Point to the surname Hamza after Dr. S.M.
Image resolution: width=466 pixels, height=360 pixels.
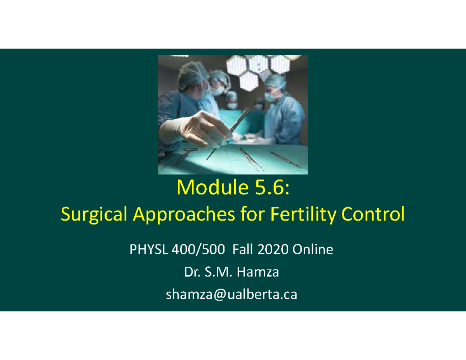[x=260, y=272]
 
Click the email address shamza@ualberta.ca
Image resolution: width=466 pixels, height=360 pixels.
[x=231, y=295]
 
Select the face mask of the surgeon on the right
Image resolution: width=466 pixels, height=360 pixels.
[x=271, y=94]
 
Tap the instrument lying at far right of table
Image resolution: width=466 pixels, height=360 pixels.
[x=286, y=160]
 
